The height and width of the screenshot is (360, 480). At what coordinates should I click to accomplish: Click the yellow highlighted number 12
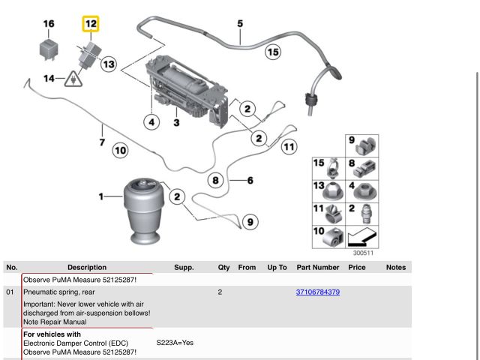click(90, 24)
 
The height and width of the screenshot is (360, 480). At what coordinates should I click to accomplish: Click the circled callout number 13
click(108, 64)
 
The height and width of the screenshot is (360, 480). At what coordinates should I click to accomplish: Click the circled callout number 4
click(152, 122)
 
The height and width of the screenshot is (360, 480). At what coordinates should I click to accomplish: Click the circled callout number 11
click(288, 147)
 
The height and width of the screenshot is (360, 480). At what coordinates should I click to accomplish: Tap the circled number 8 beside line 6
click(216, 180)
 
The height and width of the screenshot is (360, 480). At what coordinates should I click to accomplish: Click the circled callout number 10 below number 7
click(120, 151)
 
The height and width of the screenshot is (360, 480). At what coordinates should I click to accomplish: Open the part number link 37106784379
click(318, 292)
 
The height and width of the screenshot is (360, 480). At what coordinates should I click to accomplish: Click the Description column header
click(86, 267)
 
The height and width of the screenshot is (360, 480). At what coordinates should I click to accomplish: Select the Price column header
click(357, 267)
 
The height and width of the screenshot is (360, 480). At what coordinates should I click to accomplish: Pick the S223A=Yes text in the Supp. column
click(175, 343)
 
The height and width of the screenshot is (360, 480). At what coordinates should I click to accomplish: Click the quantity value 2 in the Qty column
click(220, 292)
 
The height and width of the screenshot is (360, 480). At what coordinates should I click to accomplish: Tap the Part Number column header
click(318, 267)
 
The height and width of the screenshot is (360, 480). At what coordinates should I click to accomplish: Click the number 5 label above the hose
click(240, 24)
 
